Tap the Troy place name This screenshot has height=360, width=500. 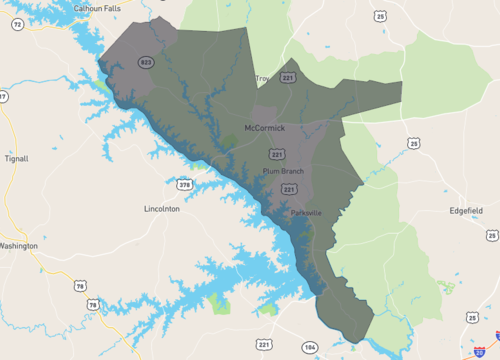(263, 78)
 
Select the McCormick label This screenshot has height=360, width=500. (266, 127)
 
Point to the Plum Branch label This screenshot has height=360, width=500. (283, 171)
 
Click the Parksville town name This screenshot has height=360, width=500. (306, 213)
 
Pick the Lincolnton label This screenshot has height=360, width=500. (162, 209)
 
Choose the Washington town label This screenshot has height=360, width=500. (17, 245)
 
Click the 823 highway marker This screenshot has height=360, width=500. (146, 62)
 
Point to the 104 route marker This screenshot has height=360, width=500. (309, 346)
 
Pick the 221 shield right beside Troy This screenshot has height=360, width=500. (288, 77)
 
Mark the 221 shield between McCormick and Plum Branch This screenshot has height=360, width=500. (276, 154)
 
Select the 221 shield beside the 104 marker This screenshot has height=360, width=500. (264, 345)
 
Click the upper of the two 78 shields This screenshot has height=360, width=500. (79, 286)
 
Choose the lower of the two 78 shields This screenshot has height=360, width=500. (93, 304)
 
